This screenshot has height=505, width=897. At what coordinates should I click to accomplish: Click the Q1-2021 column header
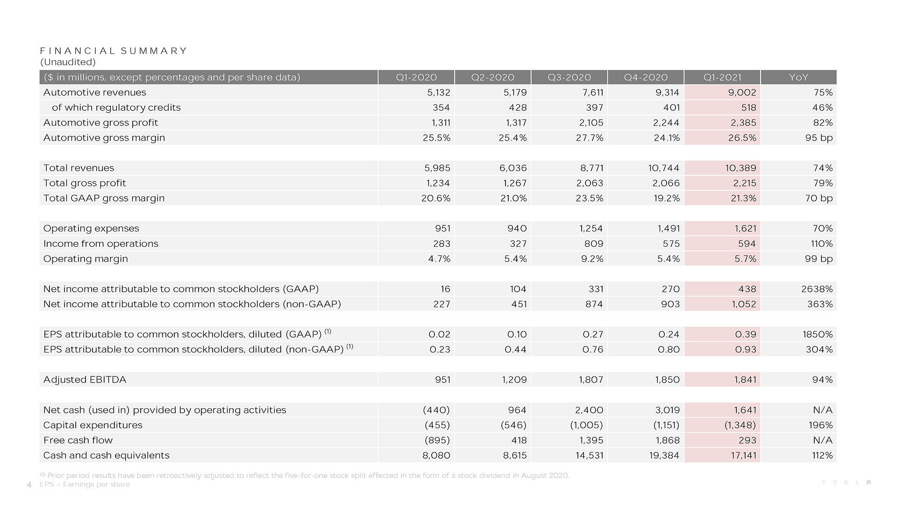(722, 77)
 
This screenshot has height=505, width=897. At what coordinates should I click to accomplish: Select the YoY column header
(798, 77)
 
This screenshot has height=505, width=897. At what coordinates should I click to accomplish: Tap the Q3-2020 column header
(569, 77)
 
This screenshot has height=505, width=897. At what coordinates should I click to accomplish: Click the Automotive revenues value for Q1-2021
(742, 93)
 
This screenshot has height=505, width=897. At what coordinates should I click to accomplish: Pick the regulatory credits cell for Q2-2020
(518, 108)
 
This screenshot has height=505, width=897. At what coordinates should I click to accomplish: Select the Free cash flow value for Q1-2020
(437, 440)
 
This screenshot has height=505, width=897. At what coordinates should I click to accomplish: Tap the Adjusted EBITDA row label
(85, 380)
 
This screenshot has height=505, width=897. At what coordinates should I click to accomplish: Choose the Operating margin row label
(85, 259)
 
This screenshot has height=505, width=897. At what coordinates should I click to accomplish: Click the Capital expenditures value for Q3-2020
(586, 425)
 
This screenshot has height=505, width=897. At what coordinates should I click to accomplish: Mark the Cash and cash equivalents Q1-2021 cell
(743, 455)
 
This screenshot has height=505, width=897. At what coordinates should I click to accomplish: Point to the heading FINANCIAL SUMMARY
(114, 50)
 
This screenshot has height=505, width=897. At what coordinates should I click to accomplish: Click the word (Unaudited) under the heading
(68, 62)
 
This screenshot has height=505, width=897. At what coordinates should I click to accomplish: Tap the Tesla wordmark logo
(846, 483)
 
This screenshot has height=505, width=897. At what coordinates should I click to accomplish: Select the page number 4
(29, 485)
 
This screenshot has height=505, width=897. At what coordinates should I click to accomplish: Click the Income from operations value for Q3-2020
(593, 244)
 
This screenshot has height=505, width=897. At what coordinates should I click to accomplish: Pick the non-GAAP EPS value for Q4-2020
(669, 349)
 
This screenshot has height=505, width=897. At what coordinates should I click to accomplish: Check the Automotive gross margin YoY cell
(819, 138)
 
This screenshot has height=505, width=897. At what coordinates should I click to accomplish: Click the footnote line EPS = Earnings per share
(85, 484)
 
